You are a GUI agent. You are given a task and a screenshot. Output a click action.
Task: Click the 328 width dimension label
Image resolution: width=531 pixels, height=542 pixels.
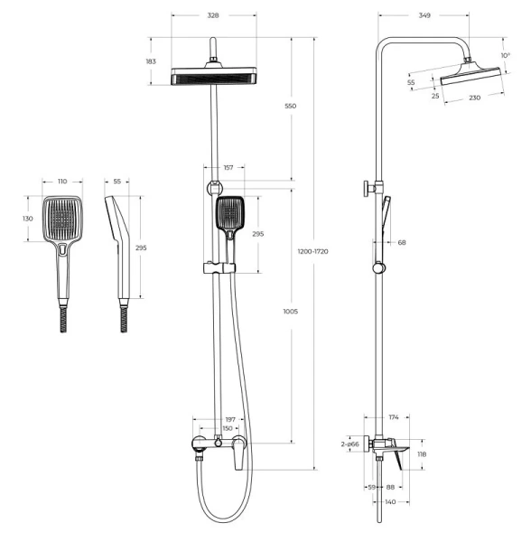point(213,15)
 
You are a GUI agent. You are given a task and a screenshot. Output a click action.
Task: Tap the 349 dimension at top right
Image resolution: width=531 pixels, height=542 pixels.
point(424,15)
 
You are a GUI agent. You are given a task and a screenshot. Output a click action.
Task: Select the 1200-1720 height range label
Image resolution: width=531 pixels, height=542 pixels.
point(313,251)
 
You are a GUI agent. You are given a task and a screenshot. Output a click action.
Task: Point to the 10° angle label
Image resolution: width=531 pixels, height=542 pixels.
point(506,55)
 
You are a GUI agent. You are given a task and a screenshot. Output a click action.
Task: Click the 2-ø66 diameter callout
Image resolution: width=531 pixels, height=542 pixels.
point(350,444)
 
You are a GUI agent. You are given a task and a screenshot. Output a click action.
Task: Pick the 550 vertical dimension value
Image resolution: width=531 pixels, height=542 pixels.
point(290,106)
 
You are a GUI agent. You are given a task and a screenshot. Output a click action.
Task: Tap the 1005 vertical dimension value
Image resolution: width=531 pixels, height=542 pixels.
point(290,312)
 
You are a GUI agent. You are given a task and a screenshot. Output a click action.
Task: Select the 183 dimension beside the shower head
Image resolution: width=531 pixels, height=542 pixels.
point(151,61)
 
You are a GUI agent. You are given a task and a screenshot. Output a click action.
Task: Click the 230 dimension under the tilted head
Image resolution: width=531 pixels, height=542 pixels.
point(475,98)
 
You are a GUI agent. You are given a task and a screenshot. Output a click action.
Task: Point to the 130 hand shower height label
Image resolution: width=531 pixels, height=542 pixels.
point(28,219)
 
